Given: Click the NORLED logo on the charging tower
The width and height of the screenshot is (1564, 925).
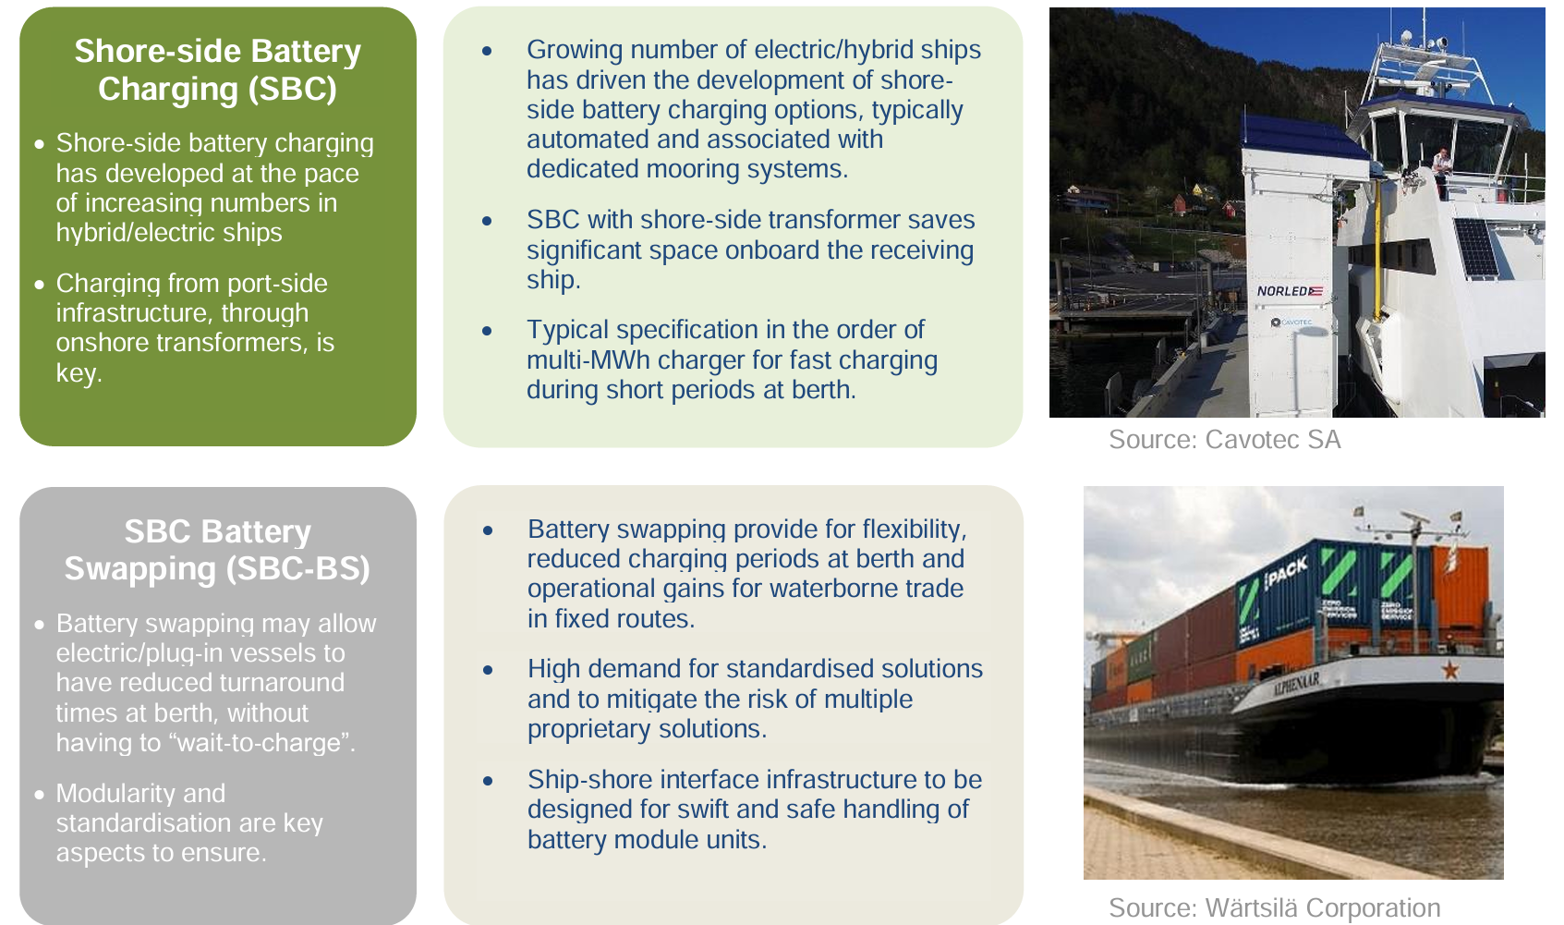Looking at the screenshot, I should click(x=1289, y=291).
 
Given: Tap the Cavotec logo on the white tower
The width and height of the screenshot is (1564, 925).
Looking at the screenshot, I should click(x=1291, y=323).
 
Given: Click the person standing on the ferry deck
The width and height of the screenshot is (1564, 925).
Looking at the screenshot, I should click(x=1441, y=165).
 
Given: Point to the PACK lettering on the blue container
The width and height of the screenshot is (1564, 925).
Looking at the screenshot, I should click(x=1286, y=572).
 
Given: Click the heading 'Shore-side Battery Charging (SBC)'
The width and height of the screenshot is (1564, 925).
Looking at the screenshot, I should click(x=218, y=69).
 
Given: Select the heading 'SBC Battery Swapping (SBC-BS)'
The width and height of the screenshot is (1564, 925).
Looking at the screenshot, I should click(x=218, y=550).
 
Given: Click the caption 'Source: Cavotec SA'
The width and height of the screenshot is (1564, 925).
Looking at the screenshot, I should click(x=1224, y=440).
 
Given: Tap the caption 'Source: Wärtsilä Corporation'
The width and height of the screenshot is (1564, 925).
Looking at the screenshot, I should click(x=1274, y=908).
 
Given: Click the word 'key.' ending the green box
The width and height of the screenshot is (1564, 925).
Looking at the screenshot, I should click(x=79, y=373).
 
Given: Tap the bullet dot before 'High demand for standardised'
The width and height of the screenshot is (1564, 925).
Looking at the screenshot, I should click(x=488, y=670).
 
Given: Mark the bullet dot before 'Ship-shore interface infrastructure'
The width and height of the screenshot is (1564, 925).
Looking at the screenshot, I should click(x=488, y=781).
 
